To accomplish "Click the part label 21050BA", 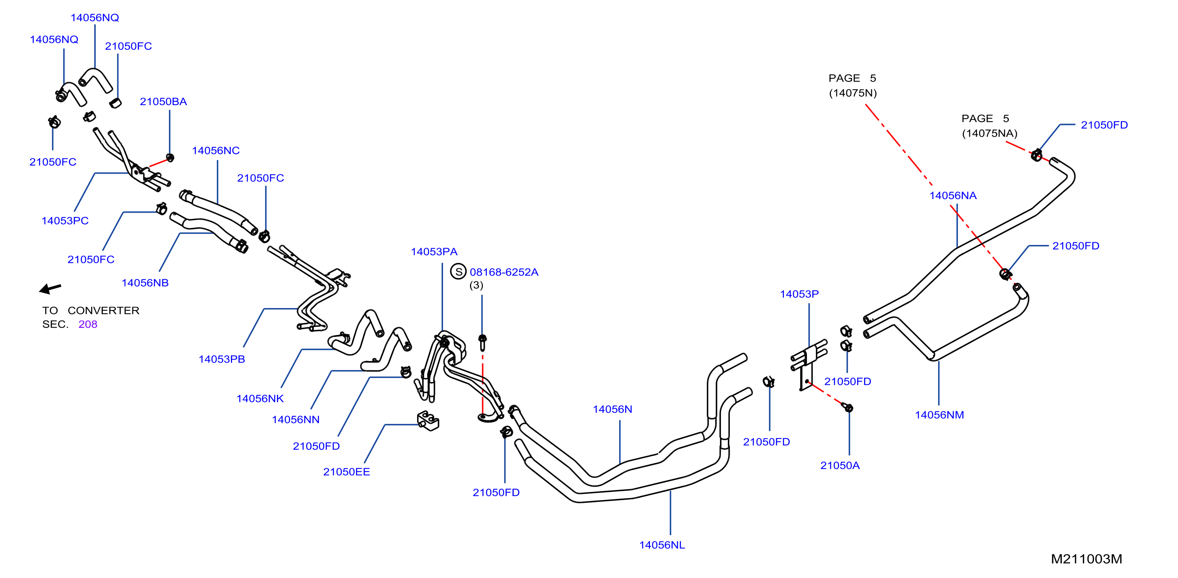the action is click(x=163, y=102).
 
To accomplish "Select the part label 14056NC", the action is click(x=216, y=150).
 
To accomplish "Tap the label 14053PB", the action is click(x=222, y=359).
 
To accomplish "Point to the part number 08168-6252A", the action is click(x=504, y=272).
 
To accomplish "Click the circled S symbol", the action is click(x=458, y=271).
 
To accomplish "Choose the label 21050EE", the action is click(x=347, y=472).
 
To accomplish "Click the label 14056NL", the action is click(x=662, y=545).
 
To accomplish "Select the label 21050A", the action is click(x=840, y=465).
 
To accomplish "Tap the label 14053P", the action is click(x=799, y=294).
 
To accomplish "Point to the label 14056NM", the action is click(x=939, y=415).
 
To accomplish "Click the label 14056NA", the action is click(x=953, y=196).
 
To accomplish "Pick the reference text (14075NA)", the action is click(x=990, y=133).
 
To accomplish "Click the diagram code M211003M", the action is click(x=1086, y=559).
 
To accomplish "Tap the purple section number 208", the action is click(x=88, y=324).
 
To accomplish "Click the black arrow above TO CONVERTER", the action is click(x=50, y=289).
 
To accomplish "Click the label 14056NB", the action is click(x=145, y=283).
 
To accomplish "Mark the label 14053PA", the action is click(x=434, y=252).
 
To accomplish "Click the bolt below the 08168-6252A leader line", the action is click(x=482, y=342).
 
